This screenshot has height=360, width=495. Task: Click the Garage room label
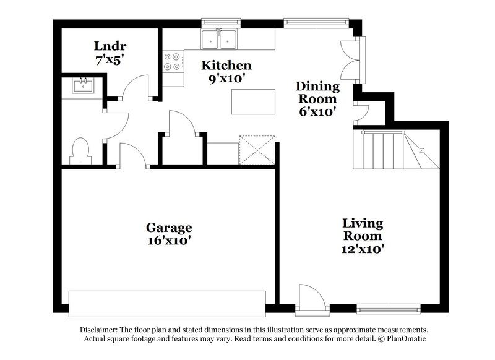[x=168, y=227]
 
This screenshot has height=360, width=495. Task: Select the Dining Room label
[x=317, y=92]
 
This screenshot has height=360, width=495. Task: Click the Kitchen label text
[x=227, y=66]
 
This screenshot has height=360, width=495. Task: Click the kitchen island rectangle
[x=253, y=102]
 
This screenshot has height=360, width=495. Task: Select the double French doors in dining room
[x=353, y=59]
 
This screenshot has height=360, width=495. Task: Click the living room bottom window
[x=389, y=307]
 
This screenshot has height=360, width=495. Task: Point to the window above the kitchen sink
[x=220, y=24]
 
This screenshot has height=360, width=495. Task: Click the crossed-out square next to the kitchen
[x=257, y=150]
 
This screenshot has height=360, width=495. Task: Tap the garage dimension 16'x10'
[x=168, y=241]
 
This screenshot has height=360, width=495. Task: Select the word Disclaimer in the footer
[x=100, y=330]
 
